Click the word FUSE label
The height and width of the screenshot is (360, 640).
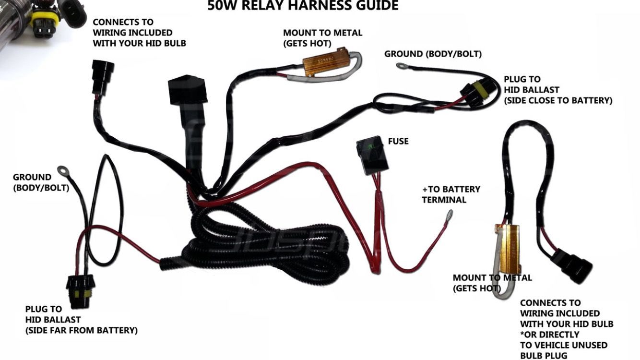[x=398, y=142]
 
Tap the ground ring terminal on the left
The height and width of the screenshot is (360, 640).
[x=62, y=169]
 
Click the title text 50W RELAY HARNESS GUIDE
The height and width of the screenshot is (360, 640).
[x=303, y=6]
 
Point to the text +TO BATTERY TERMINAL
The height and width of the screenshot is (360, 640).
[x=450, y=194]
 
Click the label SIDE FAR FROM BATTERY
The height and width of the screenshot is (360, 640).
[x=82, y=330]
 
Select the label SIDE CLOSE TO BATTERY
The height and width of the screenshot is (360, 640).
[x=557, y=100]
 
